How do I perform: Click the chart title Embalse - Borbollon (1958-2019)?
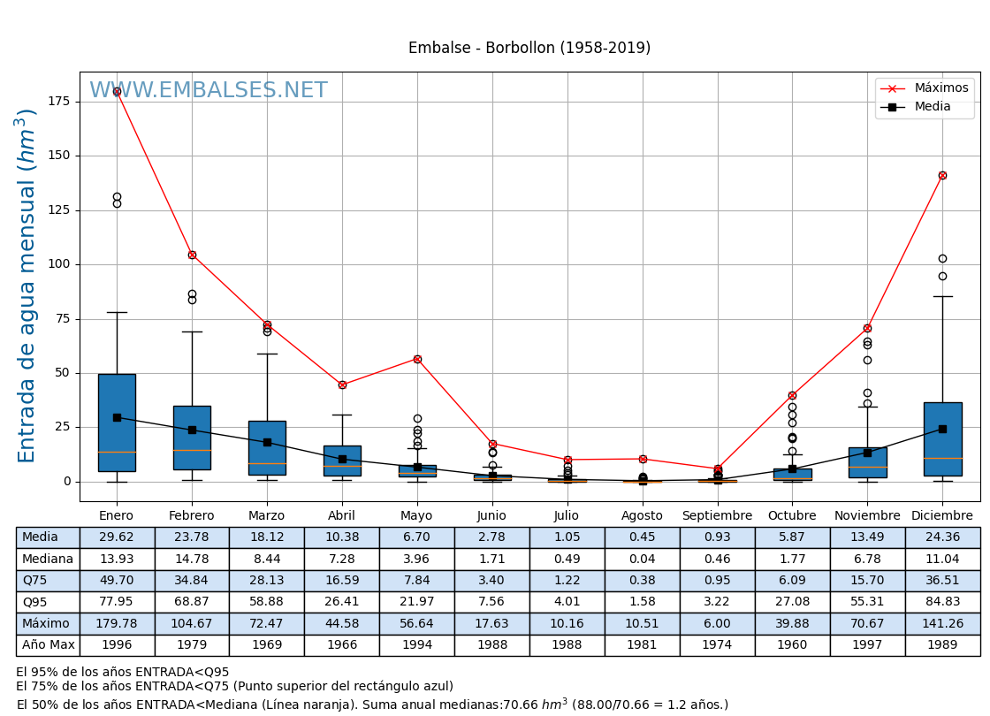(529, 49)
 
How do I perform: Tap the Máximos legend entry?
(940, 88)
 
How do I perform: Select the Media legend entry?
(932, 107)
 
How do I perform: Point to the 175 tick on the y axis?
(59, 102)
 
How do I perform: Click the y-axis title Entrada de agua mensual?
(27, 285)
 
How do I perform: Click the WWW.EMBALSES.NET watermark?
(209, 91)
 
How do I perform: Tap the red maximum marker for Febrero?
(192, 255)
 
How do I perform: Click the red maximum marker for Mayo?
(417, 359)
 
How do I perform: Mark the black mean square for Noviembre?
(867, 453)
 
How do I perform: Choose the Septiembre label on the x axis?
(717, 516)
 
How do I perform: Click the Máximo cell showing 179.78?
(117, 623)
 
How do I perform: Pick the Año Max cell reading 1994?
(417, 645)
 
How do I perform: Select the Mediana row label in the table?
(48, 559)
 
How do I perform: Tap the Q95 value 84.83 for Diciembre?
(942, 602)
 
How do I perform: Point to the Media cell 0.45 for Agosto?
(642, 537)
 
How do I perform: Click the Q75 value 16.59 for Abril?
(342, 581)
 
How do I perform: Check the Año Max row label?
(48, 645)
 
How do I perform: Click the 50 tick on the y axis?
(63, 373)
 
